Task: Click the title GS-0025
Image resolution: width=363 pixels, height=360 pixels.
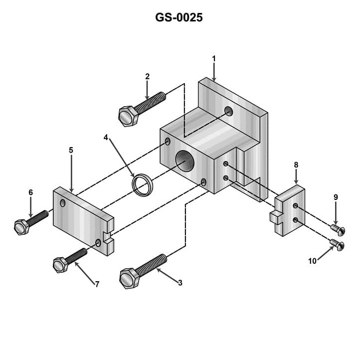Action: point(179,18)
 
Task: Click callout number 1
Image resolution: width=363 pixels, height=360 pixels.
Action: point(214,59)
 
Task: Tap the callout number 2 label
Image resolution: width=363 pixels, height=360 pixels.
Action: point(147,76)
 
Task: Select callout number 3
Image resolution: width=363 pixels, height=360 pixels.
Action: point(180,283)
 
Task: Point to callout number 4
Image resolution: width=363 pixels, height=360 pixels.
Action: point(106,137)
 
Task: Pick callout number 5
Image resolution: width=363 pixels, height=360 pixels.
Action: point(71,150)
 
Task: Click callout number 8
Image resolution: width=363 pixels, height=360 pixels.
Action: point(296,165)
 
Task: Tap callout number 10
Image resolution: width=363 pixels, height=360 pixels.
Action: point(312,261)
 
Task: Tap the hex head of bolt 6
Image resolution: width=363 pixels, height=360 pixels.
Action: point(21,227)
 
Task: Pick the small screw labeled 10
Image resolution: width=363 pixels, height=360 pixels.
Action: point(338,245)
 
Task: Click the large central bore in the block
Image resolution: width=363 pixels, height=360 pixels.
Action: point(185,162)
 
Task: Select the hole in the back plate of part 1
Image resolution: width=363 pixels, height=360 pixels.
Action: point(228,110)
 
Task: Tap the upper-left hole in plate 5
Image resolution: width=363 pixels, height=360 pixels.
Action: point(62,203)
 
